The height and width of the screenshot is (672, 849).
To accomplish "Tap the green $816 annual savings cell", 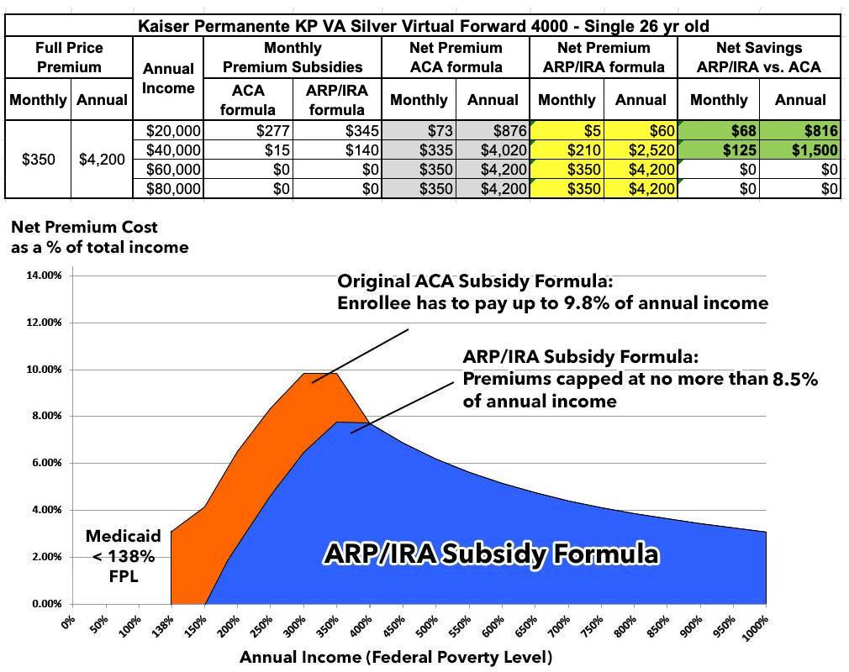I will [799, 131].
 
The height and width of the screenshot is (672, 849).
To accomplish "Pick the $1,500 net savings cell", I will [799, 150].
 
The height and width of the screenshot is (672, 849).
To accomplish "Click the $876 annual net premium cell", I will [492, 131].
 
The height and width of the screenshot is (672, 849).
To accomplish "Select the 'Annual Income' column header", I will [168, 78].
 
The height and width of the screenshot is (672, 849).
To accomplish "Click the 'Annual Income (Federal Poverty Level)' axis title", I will [395, 657].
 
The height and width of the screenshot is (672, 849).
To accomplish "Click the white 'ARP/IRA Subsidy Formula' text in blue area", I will [491, 554].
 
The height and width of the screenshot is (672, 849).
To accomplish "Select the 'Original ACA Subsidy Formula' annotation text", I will [552, 291].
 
